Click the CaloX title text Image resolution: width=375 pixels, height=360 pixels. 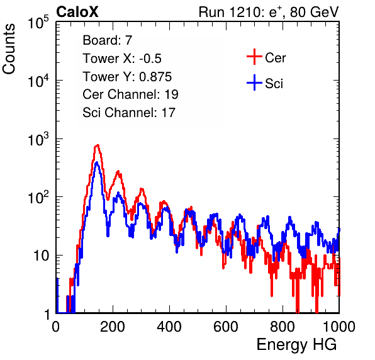[x=77, y=12]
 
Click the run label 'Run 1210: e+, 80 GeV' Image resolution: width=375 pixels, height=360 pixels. [x=269, y=12]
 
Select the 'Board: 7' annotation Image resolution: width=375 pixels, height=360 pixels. [x=107, y=40]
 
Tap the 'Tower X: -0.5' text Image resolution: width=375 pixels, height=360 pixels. [x=122, y=59]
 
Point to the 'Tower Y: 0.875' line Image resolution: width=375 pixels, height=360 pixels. [x=127, y=77]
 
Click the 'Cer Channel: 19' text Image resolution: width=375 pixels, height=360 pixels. [x=130, y=94]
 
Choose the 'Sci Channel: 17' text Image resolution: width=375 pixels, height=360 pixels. [x=129, y=113]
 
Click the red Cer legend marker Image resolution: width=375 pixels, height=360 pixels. [x=254, y=57]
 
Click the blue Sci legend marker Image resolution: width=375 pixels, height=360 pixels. [x=254, y=83]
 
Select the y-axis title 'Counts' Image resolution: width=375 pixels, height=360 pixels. [x=9, y=49]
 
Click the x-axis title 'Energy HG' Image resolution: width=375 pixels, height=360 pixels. [x=296, y=345]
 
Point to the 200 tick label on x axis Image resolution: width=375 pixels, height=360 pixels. [x=113, y=327]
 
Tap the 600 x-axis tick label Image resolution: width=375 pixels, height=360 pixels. [x=226, y=327]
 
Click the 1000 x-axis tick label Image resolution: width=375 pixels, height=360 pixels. [x=339, y=327]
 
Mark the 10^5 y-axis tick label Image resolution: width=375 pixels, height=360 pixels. [x=38, y=23]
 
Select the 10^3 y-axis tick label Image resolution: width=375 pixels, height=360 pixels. [x=38, y=139]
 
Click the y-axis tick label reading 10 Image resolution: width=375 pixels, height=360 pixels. [x=41, y=256]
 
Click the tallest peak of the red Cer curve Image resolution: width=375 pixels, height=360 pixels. [x=98, y=145]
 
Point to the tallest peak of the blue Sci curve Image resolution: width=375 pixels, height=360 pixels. [x=97, y=162]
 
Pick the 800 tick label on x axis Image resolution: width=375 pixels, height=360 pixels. [x=283, y=327]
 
